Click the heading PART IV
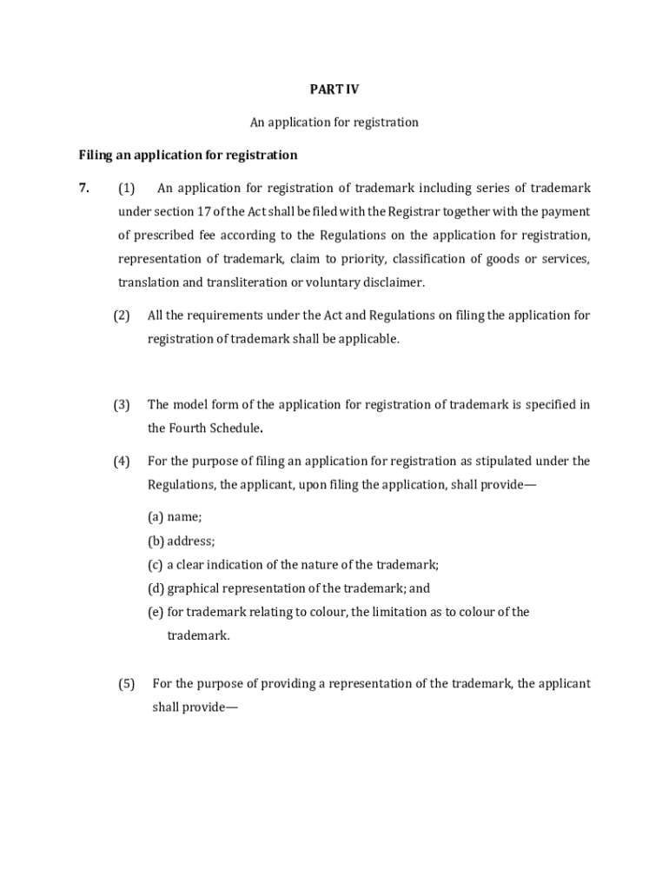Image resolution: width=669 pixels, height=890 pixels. point(334,89)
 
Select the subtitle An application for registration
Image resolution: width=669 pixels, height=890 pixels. point(334,123)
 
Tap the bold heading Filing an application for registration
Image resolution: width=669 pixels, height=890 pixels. point(188,156)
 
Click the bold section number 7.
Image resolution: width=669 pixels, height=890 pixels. point(83,189)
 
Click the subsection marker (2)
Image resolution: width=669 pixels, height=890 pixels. point(122,315)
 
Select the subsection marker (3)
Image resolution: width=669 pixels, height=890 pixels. point(122,404)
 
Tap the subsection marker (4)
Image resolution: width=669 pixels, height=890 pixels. point(122,461)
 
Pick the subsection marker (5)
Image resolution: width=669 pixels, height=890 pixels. point(127,683)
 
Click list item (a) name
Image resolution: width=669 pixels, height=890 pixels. point(175,517)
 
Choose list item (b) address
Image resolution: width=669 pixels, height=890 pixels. point(181,541)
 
